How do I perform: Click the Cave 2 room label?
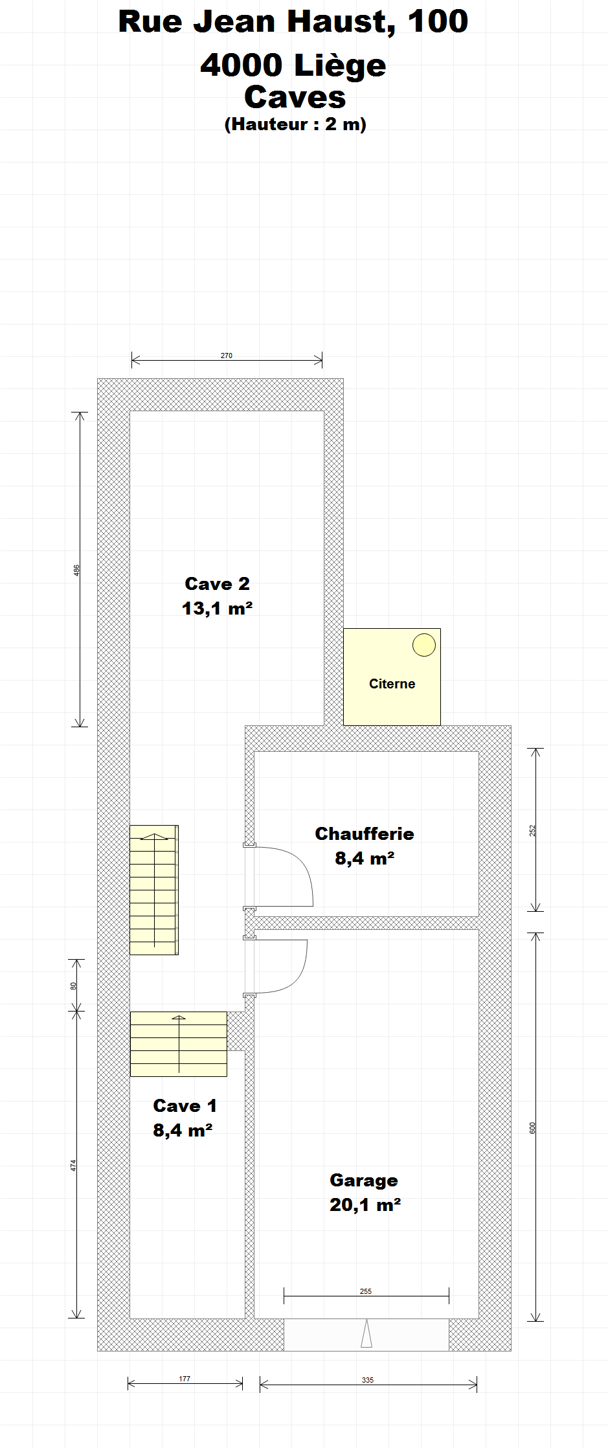click(217, 583)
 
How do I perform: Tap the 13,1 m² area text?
click(217, 608)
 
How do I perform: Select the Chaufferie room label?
click(365, 833)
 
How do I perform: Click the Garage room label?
click(364, 1181)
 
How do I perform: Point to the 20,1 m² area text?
click(365, 1205)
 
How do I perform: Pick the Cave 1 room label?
click(185, 1105)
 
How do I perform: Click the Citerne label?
click(392, 684)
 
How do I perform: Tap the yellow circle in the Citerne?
click(424, 644)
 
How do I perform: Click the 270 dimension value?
click(227, 356)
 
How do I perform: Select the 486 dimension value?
click(76, 571)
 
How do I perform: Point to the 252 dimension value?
click(533, 830)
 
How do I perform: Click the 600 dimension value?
click(533, 1128)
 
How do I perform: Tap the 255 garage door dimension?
click(366, 1291)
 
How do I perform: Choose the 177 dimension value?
click(185, 1379)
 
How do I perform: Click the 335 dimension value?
click(368, 1380)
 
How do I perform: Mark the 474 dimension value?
click(73, 1165)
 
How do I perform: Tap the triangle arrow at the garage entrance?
click(366, 1333)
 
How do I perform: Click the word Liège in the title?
click(340, 66)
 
